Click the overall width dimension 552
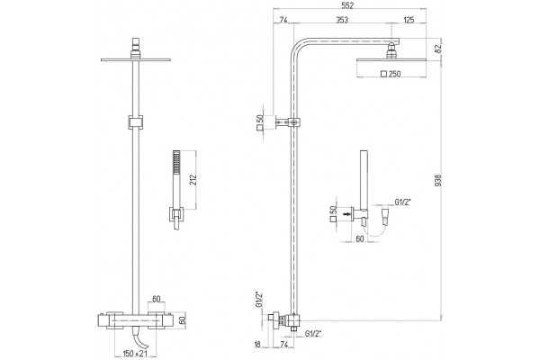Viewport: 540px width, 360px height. (349, 5)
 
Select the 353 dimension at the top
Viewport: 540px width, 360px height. (342, 20)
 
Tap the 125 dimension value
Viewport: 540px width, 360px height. (409, 20)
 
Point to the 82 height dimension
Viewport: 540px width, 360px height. (438, 49)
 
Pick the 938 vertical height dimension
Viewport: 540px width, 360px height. (438, 181)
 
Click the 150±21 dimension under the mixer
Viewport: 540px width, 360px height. (135, 354)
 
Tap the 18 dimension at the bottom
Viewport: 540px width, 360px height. (257, 345)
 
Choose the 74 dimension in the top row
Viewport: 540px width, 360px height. (283, 20)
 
